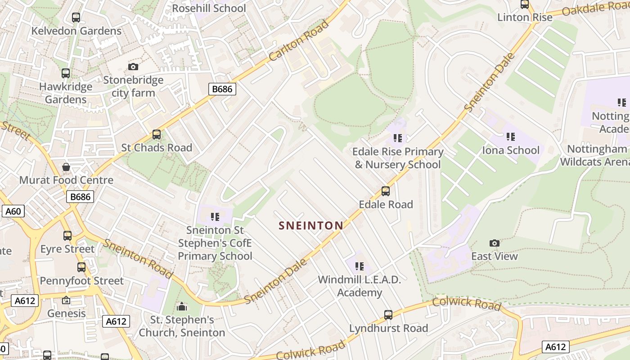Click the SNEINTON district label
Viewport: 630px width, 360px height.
[311, 225]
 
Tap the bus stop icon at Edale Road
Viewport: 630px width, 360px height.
[386, 191]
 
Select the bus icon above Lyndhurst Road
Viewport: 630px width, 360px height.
[388, 315]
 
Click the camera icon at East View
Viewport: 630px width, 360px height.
[494, 243]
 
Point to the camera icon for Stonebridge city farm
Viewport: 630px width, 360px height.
[133, 67]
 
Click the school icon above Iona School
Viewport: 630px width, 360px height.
[510, 136]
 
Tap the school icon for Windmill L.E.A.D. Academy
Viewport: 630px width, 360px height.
[359, 266]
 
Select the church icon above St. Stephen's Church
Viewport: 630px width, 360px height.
[182, 307]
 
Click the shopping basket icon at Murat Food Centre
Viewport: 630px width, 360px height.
[66, 167]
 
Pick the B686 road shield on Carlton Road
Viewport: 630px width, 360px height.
[222, 89]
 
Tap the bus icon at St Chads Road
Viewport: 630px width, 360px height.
[157, 135]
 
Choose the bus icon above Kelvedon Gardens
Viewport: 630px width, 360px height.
[76, 18]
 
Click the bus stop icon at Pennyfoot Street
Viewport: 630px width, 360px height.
[81, 267]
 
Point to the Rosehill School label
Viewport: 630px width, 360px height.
[209, 8]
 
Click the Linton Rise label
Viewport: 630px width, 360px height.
[525, 18]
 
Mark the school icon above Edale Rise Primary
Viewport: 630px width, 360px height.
[397, 138]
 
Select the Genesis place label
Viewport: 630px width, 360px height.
[67, 313]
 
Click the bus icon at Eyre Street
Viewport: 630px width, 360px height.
[67, 236]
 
